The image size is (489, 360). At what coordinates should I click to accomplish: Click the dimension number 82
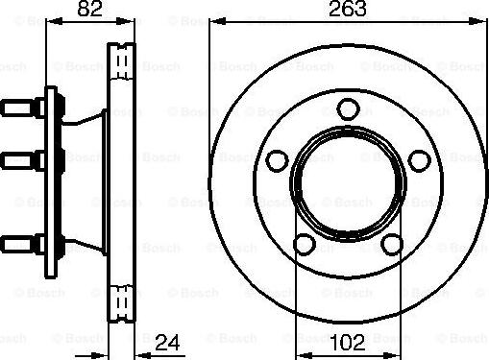point(88,12)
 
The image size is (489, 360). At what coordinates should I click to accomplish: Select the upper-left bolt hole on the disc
point(278,158)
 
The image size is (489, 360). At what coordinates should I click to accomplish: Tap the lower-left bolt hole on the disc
point(302,244)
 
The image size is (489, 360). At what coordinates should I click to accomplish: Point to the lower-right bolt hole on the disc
point(391,244)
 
